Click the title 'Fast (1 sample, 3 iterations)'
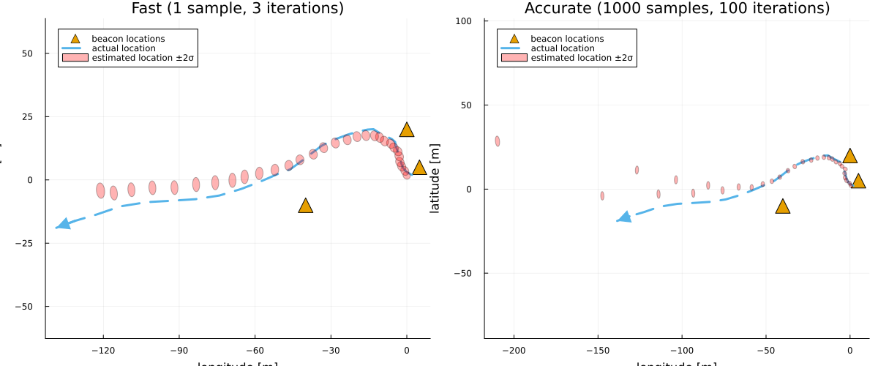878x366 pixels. (237, 9)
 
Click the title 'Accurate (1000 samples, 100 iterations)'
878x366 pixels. (677, 9)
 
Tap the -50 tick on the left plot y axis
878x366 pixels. (29, 306)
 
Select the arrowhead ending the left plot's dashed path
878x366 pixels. (63, 224)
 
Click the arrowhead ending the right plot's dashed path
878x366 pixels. (624, 217)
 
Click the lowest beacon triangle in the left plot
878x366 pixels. (306, 206)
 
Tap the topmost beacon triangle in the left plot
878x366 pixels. (407, 130)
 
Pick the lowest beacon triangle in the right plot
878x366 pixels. (783, 206)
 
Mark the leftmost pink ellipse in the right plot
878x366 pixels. (498, 141)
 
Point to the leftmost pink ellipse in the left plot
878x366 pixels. (100, 190)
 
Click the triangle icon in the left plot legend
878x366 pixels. (74, 39)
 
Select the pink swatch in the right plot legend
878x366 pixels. (513, 58)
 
